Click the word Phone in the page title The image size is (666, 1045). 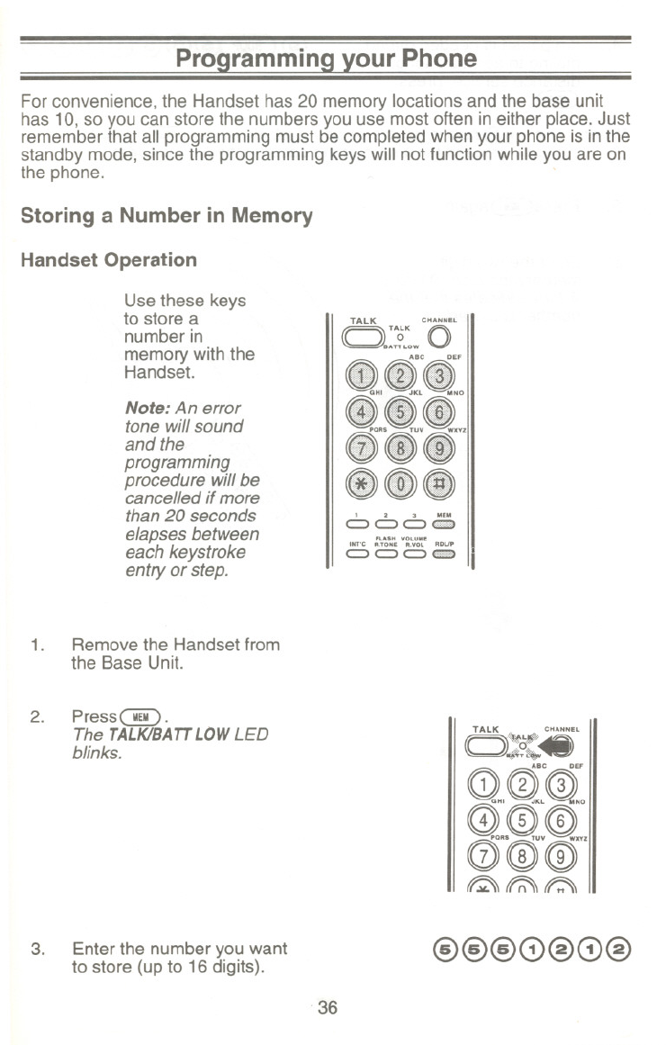coord(430,59)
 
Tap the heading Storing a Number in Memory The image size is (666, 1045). coord(166,216)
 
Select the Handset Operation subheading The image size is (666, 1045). coord(108,260)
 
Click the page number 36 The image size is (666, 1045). coord(327,1009)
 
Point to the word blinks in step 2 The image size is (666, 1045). coord(94,752)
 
